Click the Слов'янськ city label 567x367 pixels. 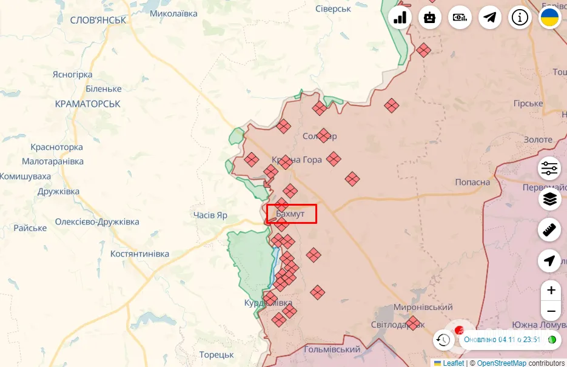click(98, 20)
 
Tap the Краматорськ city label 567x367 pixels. click(87, 104)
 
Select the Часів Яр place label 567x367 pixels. click(210, 215)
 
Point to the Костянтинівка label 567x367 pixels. click(139, 254)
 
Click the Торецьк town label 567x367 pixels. click(216, 354)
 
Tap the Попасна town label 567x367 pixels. click(472, 182)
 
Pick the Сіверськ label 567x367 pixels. click(333, 8)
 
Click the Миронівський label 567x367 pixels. click(423, 308)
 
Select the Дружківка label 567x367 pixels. click(58, 192)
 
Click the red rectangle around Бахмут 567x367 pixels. click(292, 214)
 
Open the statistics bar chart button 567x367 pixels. click(400, 18)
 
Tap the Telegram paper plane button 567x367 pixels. click(490, 18)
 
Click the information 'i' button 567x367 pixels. click(520, 18)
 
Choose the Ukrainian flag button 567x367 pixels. click(550, 18)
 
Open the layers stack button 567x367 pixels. click(549, 199)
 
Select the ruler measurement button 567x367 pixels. click(549, 230)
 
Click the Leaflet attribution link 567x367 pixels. click(453, 363)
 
